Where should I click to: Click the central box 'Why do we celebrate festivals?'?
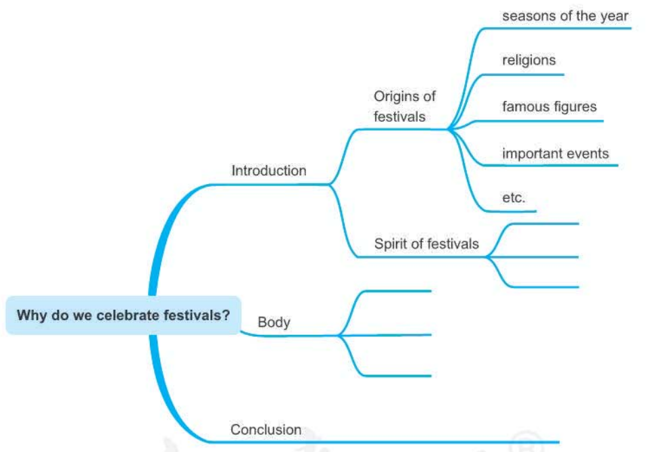point(123,315)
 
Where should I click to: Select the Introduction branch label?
point(268,171)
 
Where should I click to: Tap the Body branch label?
point(274,322)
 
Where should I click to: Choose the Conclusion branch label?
point(266,430)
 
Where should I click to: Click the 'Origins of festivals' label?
point(404,106)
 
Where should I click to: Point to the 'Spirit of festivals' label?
point(426,244)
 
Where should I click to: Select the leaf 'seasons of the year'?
point(565,16)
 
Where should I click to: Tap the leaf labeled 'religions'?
point(528,60)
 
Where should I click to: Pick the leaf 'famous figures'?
point(549,107)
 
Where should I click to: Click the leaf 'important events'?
point(555,154)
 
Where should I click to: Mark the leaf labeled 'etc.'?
point(514,198)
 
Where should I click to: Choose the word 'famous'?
point(523,107)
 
